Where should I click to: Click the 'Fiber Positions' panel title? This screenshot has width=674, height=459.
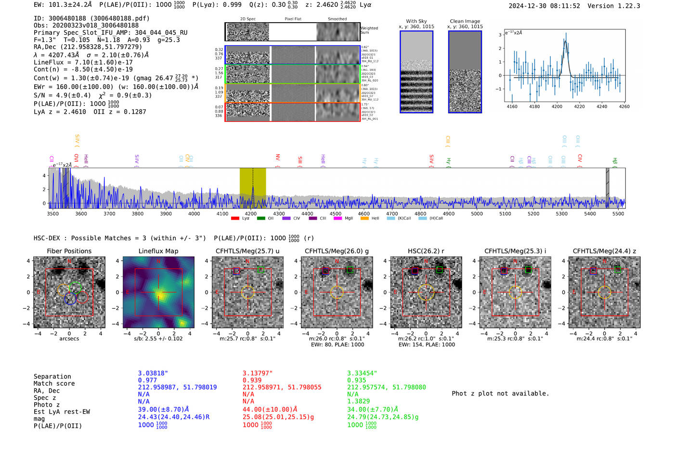tap(69, 251)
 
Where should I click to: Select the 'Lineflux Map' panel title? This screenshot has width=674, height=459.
tap(158, 251)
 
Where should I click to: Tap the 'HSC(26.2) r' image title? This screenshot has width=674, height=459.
tap(426, 251)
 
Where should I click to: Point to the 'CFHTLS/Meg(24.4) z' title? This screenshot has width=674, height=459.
tap(604, 251)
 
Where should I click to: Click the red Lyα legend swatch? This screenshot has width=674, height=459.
tap(235, 219)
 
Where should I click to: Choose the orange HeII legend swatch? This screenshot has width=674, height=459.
tap(364, 219)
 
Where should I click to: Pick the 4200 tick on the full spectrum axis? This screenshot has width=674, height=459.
tap(250, 213)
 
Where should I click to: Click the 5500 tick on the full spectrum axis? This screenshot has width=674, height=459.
tap(618, 213)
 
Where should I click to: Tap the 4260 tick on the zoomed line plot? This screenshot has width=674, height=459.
tap(624, 106)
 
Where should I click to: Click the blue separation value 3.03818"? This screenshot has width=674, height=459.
tap(153, 373)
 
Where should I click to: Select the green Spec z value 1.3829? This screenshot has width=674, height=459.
tap(358, 401)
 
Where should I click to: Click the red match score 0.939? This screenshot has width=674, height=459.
tap(252, 380)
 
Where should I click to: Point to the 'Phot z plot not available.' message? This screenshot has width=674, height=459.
tap(500, 393)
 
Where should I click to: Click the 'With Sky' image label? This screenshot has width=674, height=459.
tap(416, 21)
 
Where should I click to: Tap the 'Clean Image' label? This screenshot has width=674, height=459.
tap(465, 21)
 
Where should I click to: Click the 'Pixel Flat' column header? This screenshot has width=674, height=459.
tap(293, 19)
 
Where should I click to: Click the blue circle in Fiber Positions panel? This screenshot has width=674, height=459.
tap(70, 298)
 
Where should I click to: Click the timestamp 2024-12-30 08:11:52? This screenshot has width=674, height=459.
tap(544, 6)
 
